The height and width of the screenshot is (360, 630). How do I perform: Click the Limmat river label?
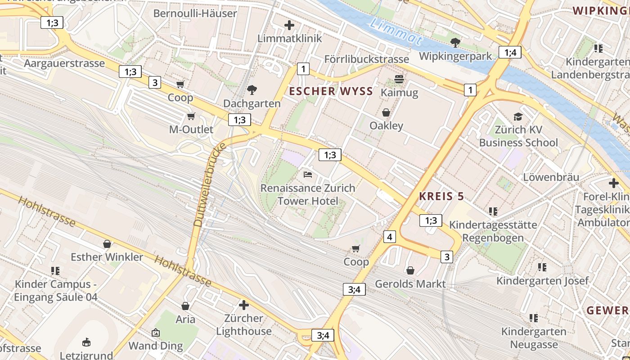click(x=396, y=32)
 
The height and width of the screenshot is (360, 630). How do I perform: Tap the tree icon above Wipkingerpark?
click(x=455, y=43)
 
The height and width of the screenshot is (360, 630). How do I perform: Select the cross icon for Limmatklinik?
click(x=289, y=25)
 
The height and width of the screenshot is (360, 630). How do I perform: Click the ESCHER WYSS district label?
click(x=331, y=91)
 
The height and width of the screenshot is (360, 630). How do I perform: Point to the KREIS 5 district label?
click(x=441, y=196)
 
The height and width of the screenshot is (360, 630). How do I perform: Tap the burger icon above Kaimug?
click(x=399, y=80)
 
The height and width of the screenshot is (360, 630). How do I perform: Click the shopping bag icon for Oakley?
click(x=386, y=112)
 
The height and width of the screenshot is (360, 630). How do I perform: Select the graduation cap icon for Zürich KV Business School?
click(x=518, y=117)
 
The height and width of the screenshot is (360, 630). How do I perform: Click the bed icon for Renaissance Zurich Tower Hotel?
click(x=308, y=175)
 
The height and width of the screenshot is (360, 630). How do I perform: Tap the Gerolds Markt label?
click(x=410, y=284)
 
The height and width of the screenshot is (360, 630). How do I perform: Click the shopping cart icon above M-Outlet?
click(x=191, y=117)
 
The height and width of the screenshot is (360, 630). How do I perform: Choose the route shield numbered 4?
click(x=389, y=236)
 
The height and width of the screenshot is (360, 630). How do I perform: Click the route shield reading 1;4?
click(x=510, y=52)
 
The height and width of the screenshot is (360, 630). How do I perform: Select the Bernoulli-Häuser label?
click(x=195, y=13)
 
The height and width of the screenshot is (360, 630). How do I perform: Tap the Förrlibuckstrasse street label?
click(x=366, y=59)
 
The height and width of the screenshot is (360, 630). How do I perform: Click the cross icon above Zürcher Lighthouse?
click(x=244, y=305)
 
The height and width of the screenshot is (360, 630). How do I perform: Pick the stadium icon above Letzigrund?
click(x=86, y=342)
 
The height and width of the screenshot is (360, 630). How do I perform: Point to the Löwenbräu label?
click(x=551, y=177)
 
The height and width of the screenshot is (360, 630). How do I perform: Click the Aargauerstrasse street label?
click(x=64, y=63)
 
